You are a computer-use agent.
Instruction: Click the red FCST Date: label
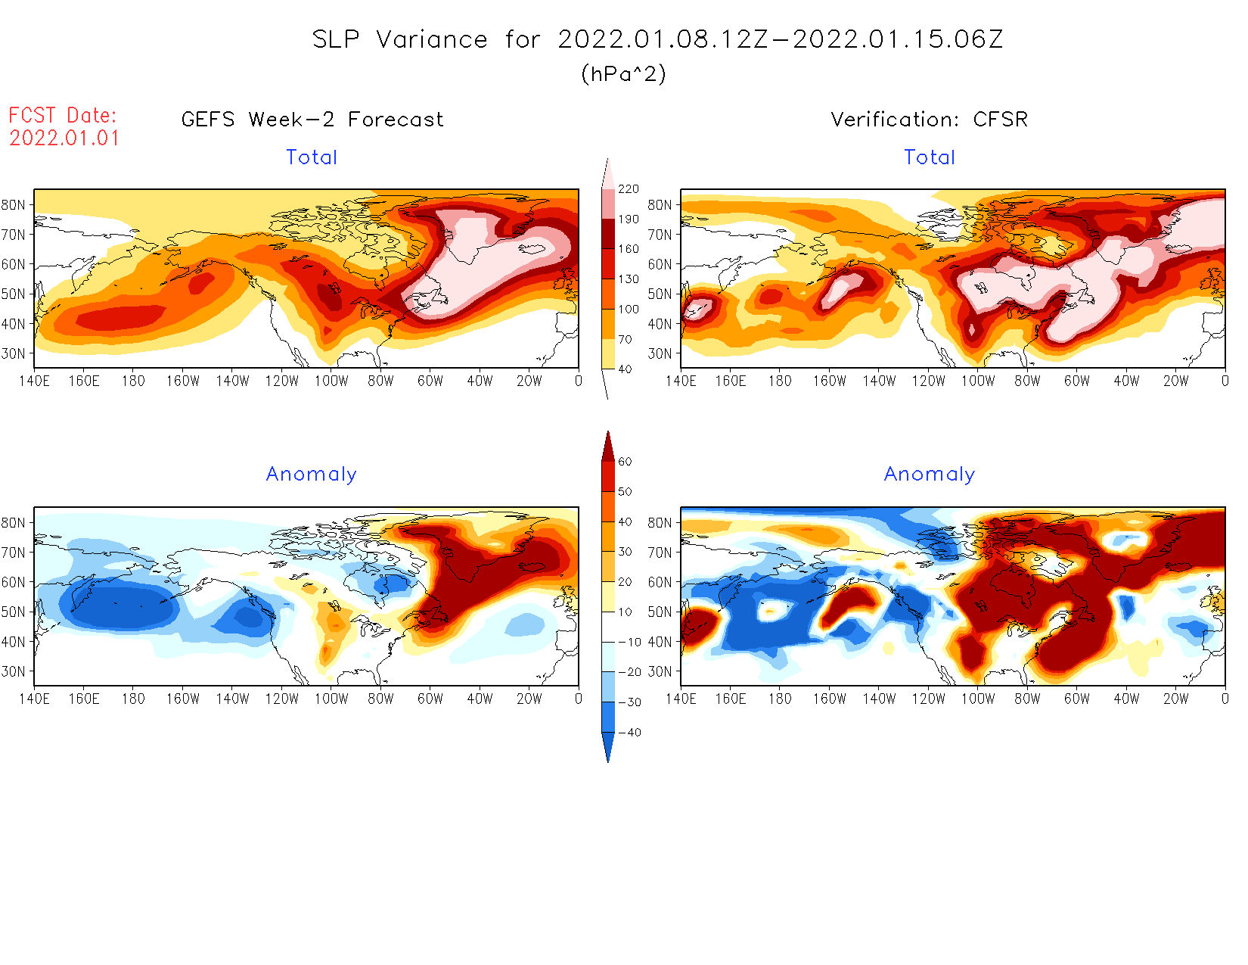63,115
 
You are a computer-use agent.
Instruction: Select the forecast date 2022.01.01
64,139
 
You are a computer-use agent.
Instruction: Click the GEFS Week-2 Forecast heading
312,120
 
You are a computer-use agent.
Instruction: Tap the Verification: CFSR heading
930,120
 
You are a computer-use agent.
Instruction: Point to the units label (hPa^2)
623,74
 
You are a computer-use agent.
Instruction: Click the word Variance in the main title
432,39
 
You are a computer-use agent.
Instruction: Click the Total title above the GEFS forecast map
312,157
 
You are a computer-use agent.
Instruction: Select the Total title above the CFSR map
930,157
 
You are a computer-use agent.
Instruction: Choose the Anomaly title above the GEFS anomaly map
312,475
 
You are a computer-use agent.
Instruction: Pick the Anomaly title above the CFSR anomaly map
930,475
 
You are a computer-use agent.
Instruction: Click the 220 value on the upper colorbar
629,189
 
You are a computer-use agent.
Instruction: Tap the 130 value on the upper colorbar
629,279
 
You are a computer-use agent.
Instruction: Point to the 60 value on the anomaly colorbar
625,462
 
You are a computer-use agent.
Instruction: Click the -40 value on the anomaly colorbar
630,733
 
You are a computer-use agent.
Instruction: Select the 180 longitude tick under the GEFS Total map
133,381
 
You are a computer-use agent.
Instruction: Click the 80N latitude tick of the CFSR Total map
660,204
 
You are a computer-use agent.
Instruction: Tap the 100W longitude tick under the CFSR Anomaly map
978,699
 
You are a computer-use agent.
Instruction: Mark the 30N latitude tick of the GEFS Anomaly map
13,671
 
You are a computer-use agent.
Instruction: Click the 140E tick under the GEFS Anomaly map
34,699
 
